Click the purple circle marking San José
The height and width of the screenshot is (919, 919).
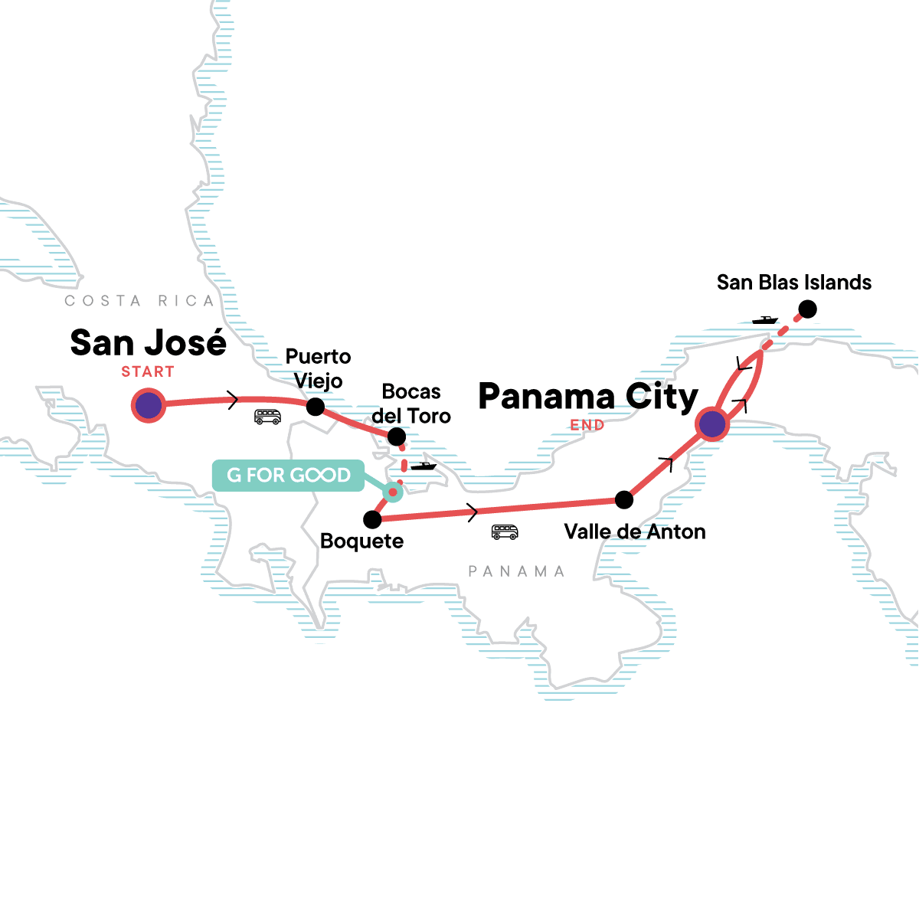pyautogui.click(x=148, y=405)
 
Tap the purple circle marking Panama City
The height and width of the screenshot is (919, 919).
pyautogui.click(x=712, y=424)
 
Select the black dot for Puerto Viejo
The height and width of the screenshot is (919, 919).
pyautogui.click(x=316, y=407)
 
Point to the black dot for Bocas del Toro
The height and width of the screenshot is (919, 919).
pyautogui.click(x=397, y=437)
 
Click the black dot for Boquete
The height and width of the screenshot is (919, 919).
pyautogui.click(x=372, y=520)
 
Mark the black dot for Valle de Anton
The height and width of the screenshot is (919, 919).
pyautogui.click(x=624, y=500)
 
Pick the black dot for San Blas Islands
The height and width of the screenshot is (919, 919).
pyautogui.click(x=807, y=309)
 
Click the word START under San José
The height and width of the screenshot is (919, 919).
pyautogui.click(x=148, y=372)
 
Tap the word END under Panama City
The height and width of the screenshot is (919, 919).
pyautogui.click(x=587, y=425)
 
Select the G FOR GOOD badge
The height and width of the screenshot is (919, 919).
pyautogui.click(x=289, y=476)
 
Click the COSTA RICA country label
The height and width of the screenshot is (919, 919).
pyautogui.click(x=139, y=301)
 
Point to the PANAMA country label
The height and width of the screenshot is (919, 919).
pyautogui.click(x=516, y=571)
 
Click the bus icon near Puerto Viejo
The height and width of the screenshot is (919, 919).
pyautogui.click(x=267, y=417)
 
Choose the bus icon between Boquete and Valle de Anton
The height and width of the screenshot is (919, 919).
pyautogui.click(x=505, y=532)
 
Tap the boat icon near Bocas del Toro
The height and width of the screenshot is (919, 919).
pyautogui.click(x=423, y=466)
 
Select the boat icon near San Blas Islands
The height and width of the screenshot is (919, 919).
pyautogui.click(x=764, y=320)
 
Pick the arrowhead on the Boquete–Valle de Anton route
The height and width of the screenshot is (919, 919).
pyautogui.click(x=473, y=511)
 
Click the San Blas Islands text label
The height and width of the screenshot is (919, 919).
pyautogui.click(x=794, y=283)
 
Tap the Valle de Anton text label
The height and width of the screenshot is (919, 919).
pyautogui.click(x=635, y=531)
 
